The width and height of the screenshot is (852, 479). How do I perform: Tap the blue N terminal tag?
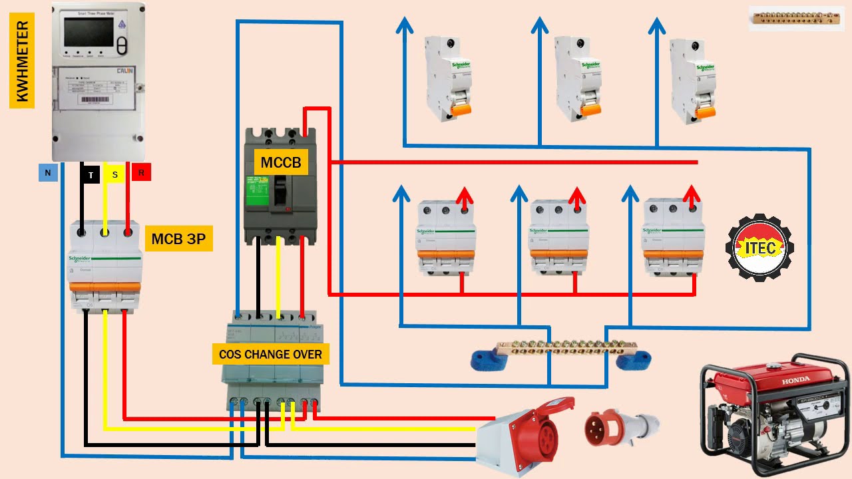coord(47,174)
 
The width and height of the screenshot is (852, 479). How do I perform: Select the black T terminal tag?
coord(91,175)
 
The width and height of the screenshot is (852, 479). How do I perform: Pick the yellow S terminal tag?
coord(114,174)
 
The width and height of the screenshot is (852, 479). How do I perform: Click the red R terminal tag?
coord(141,173)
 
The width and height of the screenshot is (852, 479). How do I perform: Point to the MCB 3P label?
coord(178,239)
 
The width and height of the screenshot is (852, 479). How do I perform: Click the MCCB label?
coord(280,162)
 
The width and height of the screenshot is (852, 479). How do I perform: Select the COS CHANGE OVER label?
coord(270,354)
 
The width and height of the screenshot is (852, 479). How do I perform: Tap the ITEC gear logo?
coord(759,247)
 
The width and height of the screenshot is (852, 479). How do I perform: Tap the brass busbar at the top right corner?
coord(795,19)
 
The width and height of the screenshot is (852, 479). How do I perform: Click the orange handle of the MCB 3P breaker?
coord(105,287)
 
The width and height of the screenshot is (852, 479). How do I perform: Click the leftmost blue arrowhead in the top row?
coord(403,26)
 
